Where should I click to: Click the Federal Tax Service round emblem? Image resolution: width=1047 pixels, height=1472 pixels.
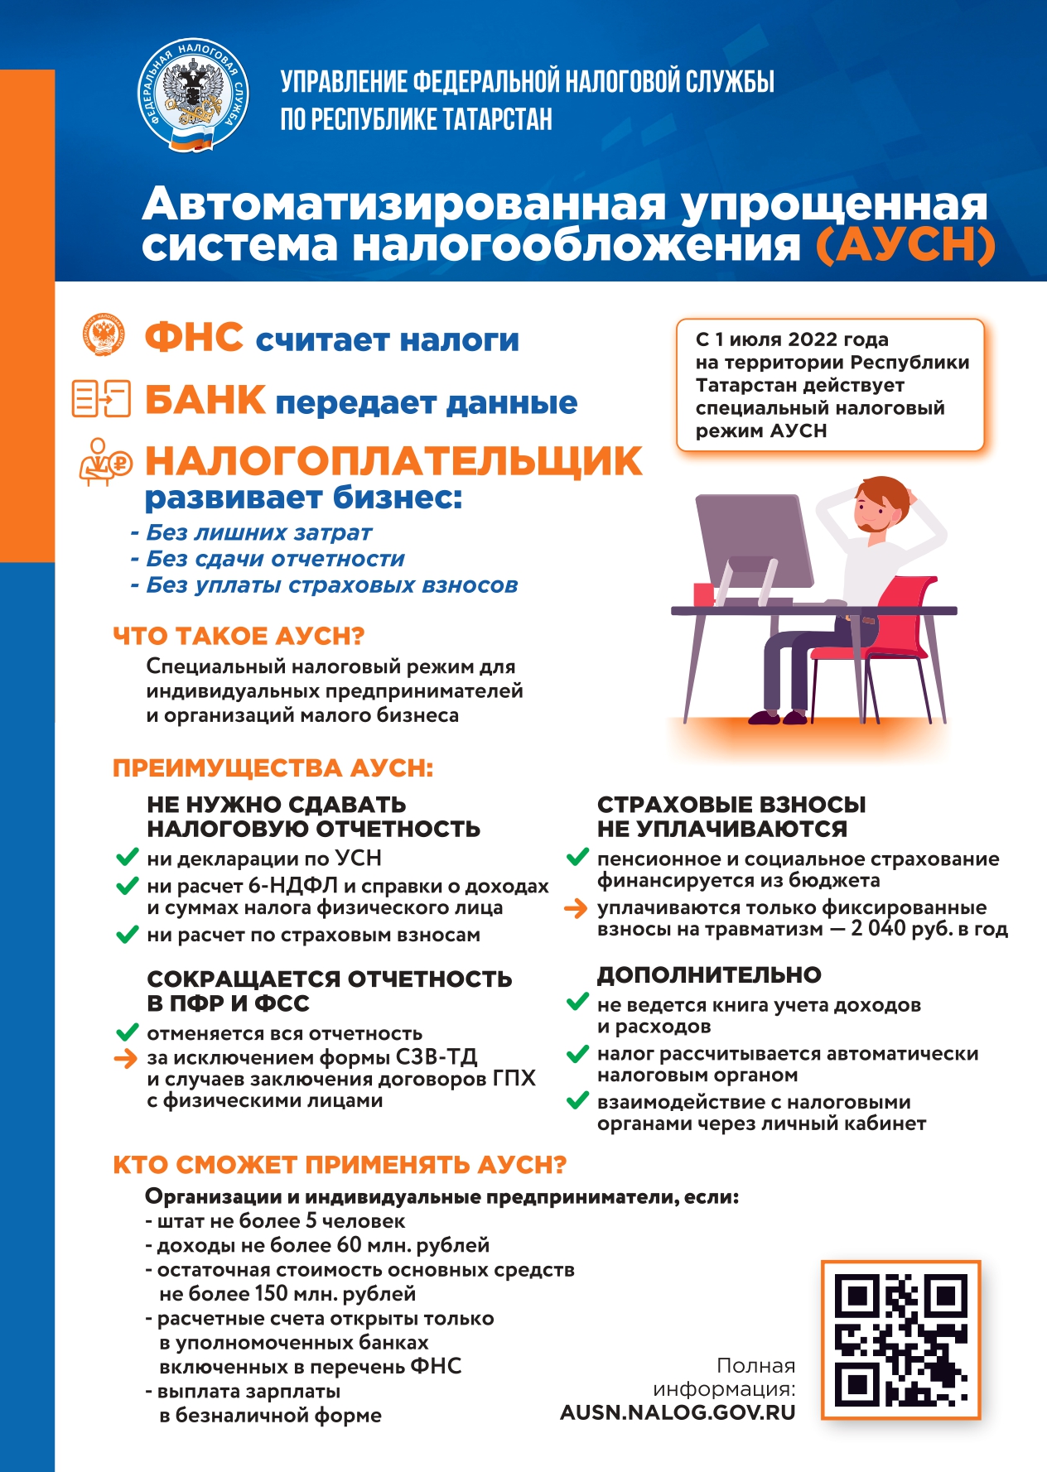tap(192, 95)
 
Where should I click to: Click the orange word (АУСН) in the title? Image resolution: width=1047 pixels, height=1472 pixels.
tap(905, 245)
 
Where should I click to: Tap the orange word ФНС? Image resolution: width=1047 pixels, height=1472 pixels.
tap(194, 338)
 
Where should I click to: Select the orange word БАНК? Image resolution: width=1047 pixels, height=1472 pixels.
tap(205, 400)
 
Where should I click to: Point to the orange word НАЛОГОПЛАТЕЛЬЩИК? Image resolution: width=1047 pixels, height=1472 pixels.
tap(393, 461)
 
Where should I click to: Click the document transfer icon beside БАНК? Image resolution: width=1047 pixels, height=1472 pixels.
tap(102, 398)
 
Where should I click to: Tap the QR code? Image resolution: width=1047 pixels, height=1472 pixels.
tap(900, 1340)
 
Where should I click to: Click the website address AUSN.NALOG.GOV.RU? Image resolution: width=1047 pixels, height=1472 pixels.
tap(678, 1412)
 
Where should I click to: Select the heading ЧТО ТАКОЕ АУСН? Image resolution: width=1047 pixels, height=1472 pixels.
tap(239, 636)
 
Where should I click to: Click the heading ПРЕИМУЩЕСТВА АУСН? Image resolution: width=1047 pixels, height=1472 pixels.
tap(273, 768)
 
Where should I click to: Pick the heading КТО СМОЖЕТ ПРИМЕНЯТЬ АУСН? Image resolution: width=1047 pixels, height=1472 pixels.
tap(340, 1165)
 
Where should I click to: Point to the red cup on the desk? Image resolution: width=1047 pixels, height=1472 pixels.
tap(703, 594)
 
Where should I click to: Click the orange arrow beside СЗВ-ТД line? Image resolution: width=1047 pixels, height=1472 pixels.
tap(125, 1058)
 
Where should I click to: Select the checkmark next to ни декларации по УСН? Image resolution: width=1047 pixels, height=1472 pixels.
tap(127, 858)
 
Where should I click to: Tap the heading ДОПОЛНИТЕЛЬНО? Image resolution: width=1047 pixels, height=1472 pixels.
tap(709, 975)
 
